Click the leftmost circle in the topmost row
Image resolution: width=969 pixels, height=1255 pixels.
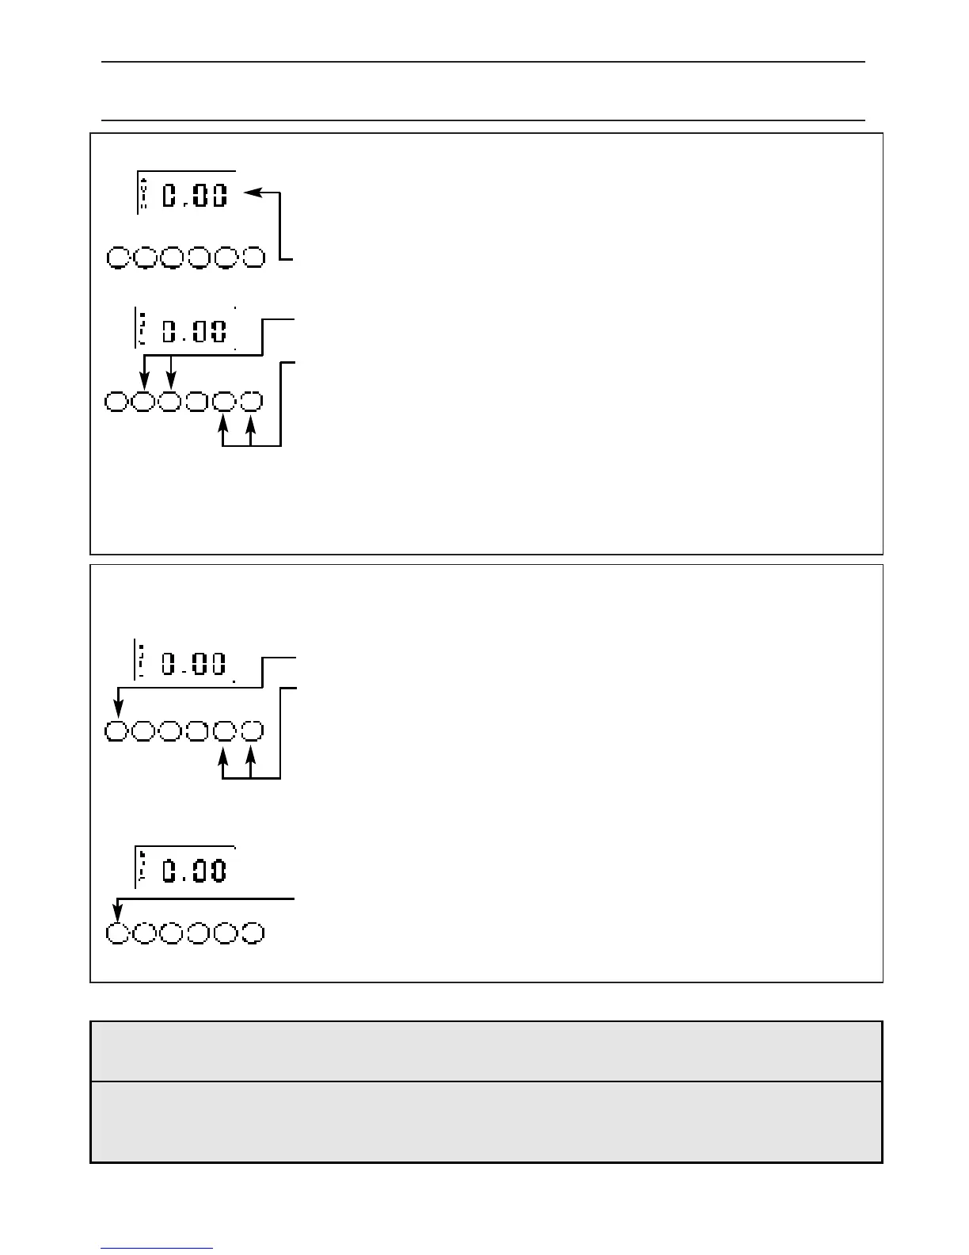click(118, 257)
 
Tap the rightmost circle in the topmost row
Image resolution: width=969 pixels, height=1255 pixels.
click(253, 257)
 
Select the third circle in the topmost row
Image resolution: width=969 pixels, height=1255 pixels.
click(173, 257)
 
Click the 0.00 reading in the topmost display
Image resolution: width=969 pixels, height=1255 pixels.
click(195, 196)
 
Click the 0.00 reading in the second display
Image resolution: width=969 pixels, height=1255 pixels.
click(195, 331)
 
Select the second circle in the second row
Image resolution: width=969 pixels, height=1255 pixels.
click(143, 402)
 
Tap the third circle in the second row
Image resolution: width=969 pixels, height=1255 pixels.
click(170, 402)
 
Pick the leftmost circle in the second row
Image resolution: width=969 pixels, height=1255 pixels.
click(116, 402)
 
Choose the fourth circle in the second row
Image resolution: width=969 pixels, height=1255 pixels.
click(198, 402)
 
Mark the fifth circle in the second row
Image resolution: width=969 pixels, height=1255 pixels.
click(225, 402)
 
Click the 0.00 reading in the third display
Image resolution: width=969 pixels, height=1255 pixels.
click(195, 665)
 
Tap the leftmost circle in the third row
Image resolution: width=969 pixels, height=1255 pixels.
click(116, 732)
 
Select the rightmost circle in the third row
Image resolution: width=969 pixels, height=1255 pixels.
click(252, 732)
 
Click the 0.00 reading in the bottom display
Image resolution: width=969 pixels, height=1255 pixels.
click(195, 871)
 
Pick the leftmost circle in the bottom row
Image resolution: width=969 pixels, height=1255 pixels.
click(117, 933)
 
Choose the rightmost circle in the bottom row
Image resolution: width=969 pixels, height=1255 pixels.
click(253, 933)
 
